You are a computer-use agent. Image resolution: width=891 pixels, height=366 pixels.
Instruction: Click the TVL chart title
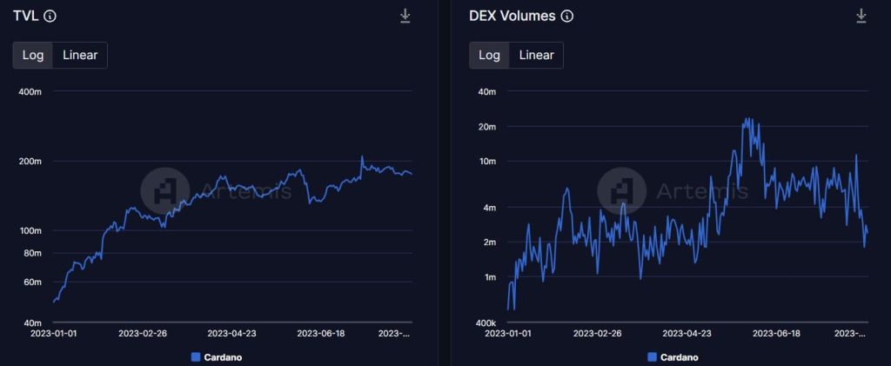(24, 16)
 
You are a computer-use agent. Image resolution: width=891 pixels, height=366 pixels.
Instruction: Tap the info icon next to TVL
(50, 16)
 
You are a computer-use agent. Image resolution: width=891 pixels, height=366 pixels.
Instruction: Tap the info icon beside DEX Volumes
(567, 16)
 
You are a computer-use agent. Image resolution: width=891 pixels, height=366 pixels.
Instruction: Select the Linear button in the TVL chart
(80, 55)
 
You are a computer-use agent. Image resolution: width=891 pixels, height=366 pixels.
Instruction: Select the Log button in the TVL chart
(33, 55)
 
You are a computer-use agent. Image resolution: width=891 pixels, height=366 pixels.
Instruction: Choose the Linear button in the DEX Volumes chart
(536, 55)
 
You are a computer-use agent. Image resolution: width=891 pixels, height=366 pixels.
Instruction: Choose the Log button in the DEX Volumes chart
(490, 55)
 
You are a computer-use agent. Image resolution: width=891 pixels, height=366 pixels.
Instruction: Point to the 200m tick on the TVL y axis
(30, 161)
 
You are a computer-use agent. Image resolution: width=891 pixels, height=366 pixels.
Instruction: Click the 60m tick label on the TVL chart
(32, 282)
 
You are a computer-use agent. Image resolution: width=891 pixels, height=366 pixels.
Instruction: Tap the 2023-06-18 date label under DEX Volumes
(775, 333)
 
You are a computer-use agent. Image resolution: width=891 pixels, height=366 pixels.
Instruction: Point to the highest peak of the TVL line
(362, 156)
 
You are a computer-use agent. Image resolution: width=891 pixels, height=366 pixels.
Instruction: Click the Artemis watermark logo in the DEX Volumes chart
(622, 190)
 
